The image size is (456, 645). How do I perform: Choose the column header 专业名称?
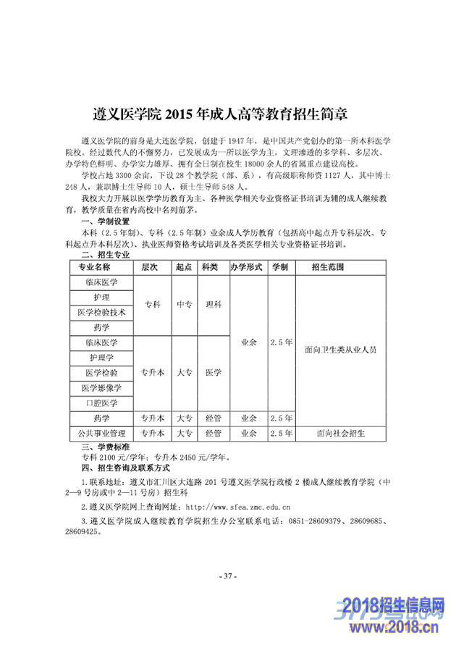coord(101,267)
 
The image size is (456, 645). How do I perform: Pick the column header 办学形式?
coord(245,267)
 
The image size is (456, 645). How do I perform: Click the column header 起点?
coord(183,267)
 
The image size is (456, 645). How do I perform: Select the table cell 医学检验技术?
coord(101,313)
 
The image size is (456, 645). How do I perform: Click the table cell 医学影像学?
coord(101,388)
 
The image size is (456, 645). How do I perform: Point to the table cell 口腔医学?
coord(101,403)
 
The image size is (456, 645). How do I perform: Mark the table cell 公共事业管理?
coord(101,434)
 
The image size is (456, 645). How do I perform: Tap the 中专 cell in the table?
coord(183,305)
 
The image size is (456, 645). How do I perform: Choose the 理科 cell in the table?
coord(213,305)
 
